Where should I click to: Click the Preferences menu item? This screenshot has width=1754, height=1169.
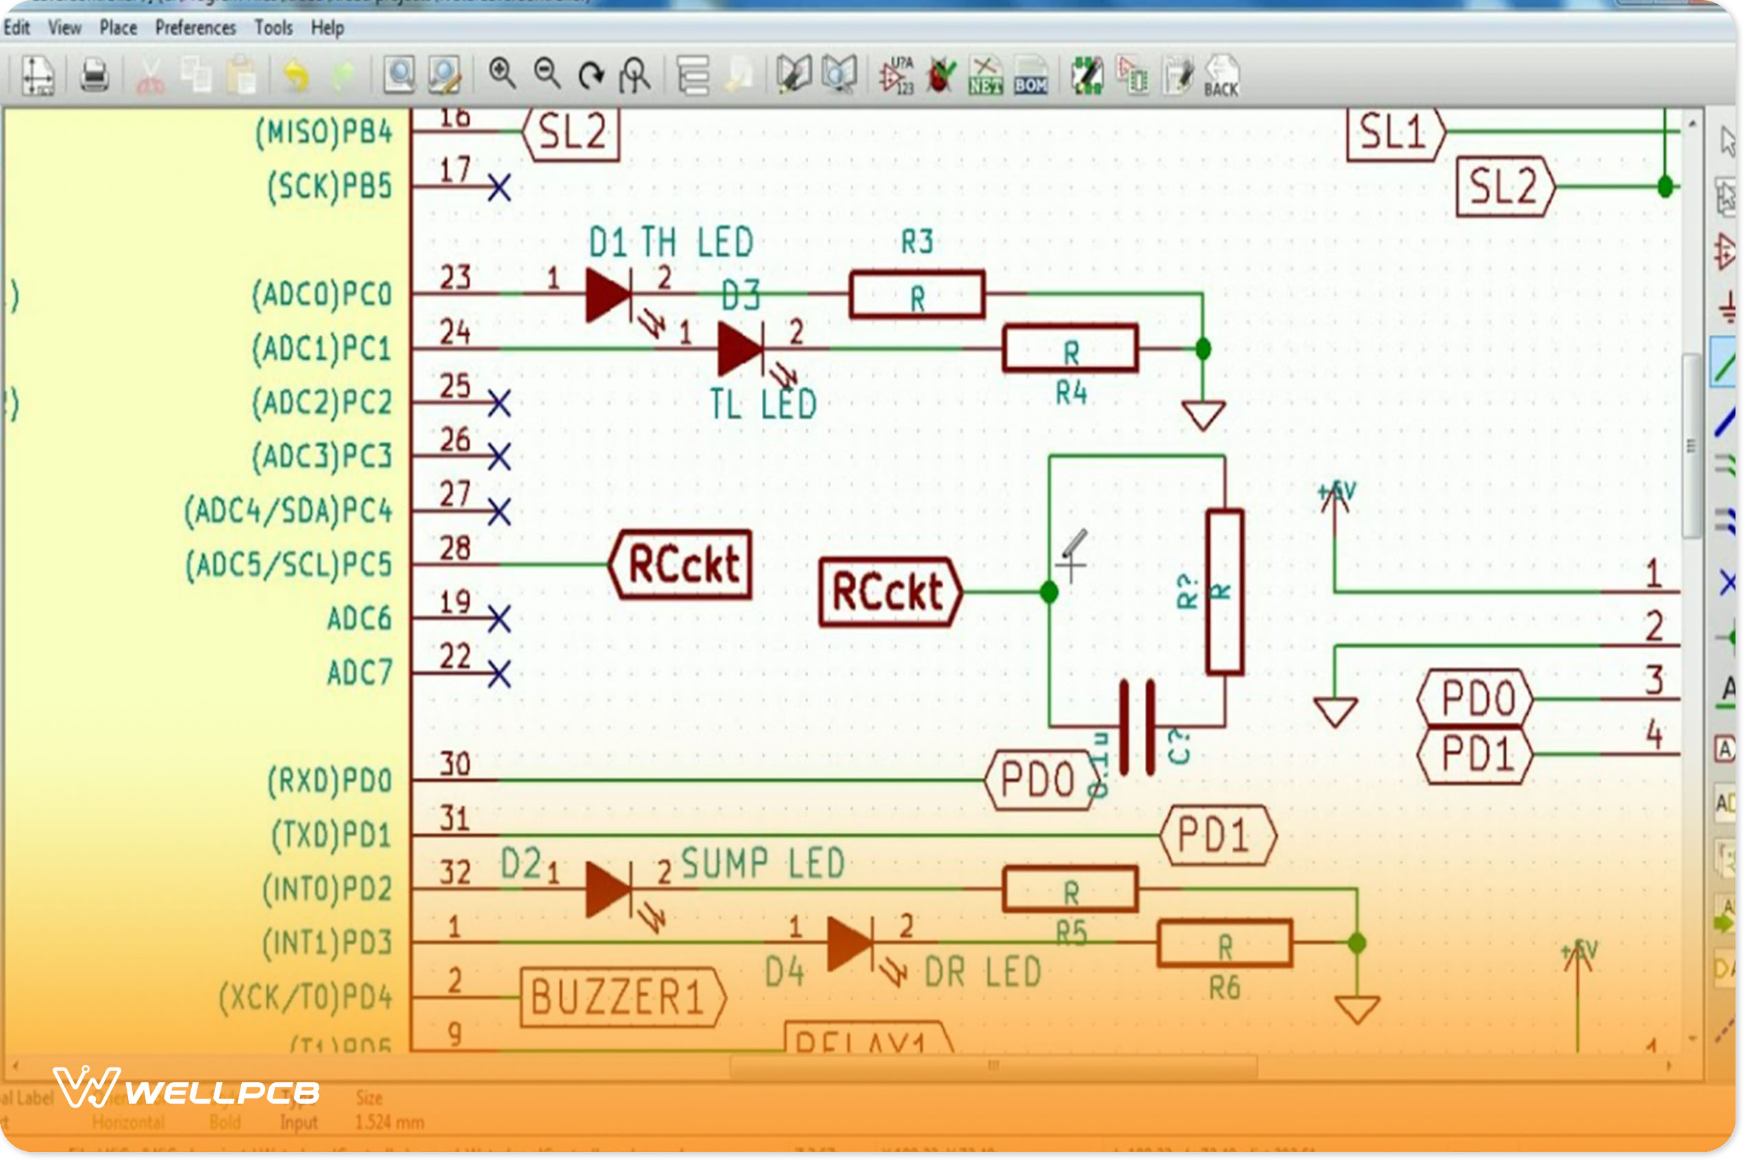pyautogui.click(x=196, y=28)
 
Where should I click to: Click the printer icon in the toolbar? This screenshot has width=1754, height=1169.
pyautogui.click(x=95, y=76)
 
